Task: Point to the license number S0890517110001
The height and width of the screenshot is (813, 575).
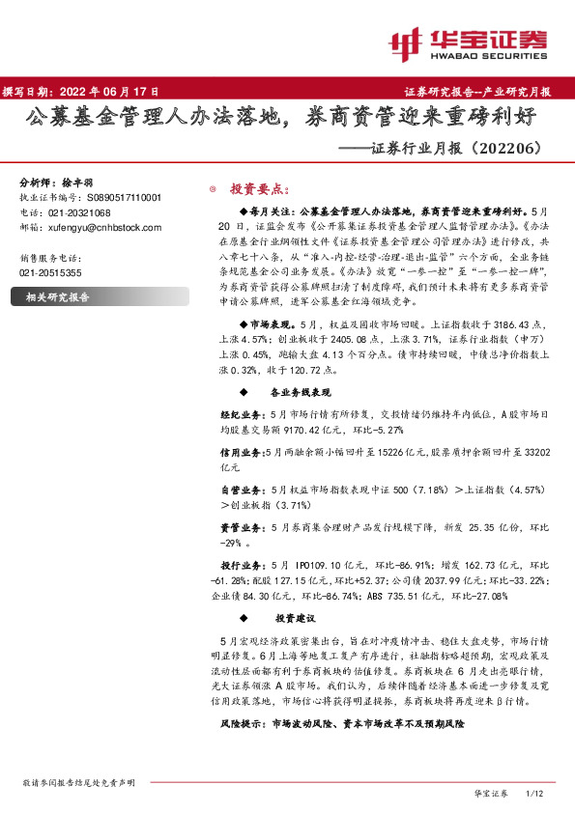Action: coord(119,198)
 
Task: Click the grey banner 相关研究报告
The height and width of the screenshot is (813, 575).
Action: coord(57,297)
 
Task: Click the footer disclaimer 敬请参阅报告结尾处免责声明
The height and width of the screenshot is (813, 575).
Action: coord(78,783)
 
